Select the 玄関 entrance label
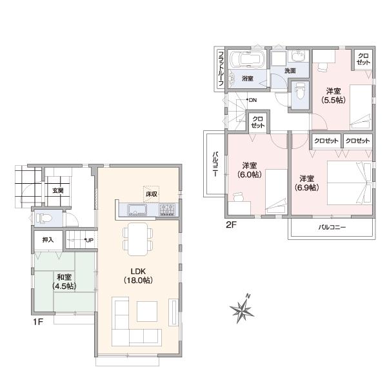58,190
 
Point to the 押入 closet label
48,239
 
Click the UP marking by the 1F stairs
89,241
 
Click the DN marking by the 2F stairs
252,100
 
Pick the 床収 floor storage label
152,193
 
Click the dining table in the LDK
136,239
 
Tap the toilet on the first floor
42,217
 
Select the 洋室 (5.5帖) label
333,95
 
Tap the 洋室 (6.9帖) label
306,183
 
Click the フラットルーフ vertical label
220,68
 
